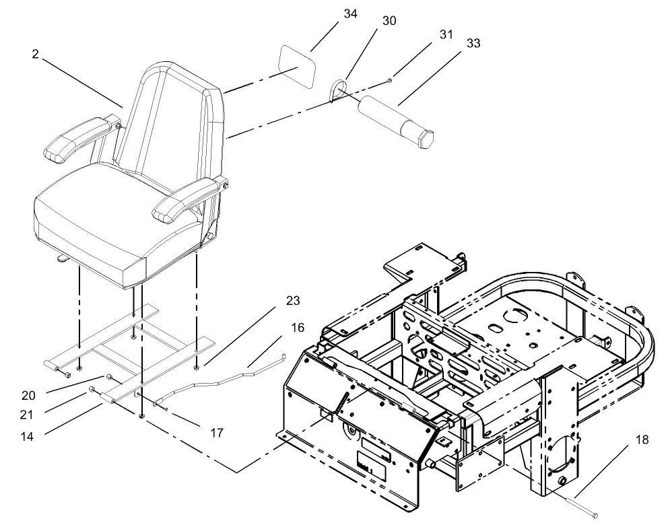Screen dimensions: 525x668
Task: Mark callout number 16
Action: pyautogui.click(x=297, y=328)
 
